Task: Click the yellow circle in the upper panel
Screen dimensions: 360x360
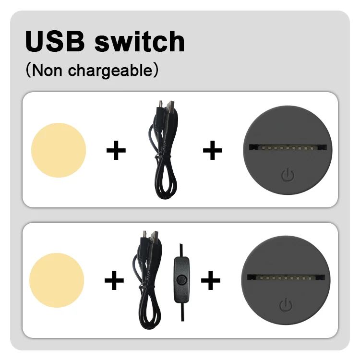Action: [x=59, y=150]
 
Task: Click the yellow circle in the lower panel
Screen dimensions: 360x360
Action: [x=57, y=280]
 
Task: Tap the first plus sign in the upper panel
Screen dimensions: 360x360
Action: [x=116, y=151]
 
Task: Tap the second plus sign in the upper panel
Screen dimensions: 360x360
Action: [x=213, y=151]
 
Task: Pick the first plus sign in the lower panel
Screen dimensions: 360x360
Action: [x=114, y=280]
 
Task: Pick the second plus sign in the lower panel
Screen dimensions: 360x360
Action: [x=210, y=280]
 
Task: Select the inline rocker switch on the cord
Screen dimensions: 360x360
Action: [x=181, y=281]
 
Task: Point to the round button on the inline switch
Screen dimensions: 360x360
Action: [x=181, y=280]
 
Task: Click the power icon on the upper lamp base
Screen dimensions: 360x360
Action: [x=287, y=175]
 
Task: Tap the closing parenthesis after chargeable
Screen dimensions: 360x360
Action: [x=155, y=71]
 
